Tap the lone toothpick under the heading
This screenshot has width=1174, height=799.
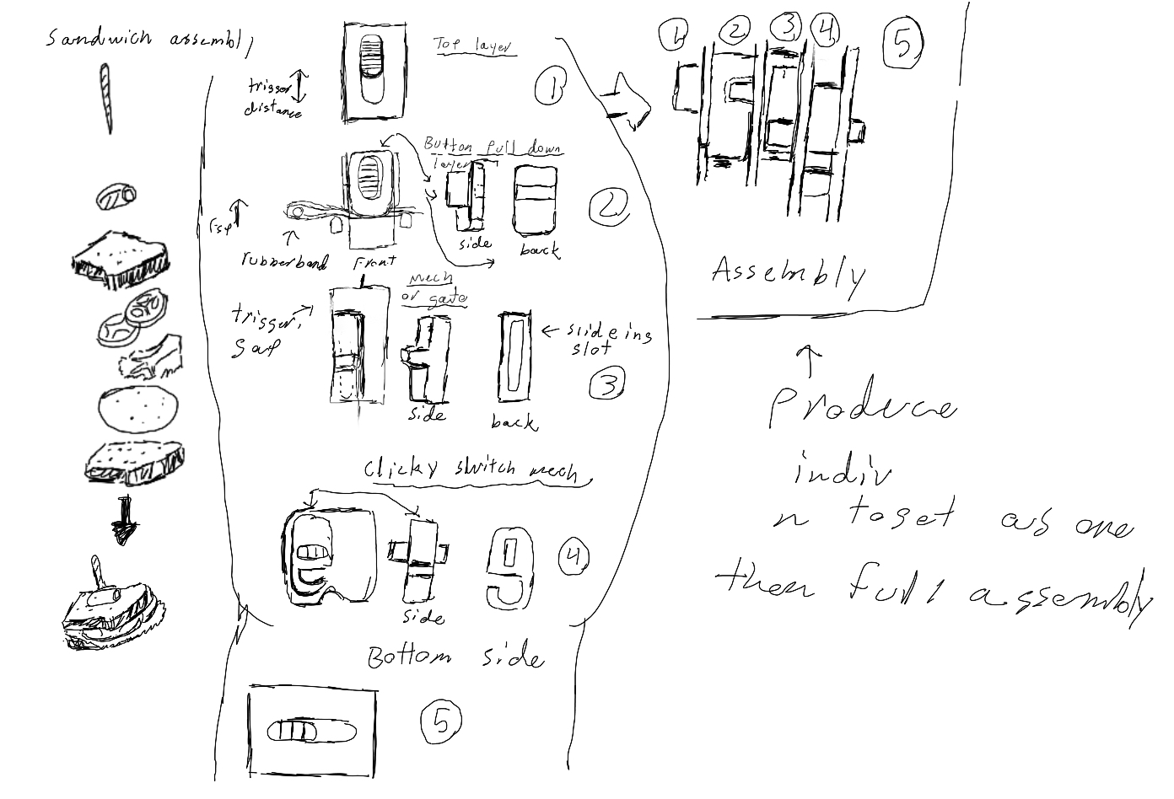(106, 99)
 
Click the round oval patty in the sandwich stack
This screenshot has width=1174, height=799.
(138, 409)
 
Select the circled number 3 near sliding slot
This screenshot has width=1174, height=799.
(607, 383)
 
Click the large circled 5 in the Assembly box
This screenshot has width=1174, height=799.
(902, 43)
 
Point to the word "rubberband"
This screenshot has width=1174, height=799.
(284, 260)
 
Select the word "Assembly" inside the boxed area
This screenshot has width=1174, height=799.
(788, 274)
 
